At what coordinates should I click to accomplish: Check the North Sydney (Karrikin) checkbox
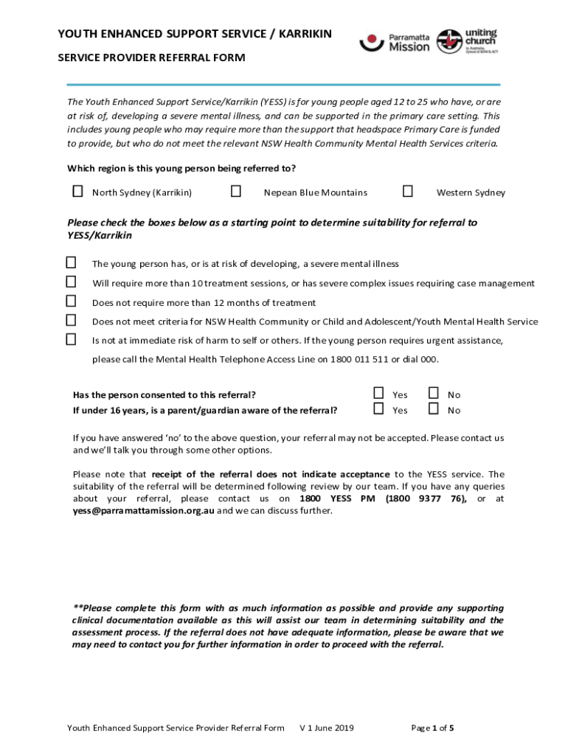pos(77,192)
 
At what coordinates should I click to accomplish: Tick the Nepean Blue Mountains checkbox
pos(236,192)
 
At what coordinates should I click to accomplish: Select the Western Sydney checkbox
pos(407,192)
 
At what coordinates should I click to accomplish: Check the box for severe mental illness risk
pos(71,262)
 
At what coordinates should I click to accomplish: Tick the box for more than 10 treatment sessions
pos(71,282)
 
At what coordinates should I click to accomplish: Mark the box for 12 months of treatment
pos(71,301)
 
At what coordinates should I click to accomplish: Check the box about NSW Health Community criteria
pos(71,320)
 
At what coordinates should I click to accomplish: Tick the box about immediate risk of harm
pos(71,339)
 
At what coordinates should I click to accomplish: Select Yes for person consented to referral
pos(378,393)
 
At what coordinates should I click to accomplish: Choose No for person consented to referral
pos(434,393)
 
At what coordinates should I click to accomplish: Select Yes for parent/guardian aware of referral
pos(378,408)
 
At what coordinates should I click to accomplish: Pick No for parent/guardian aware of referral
pos(434,408)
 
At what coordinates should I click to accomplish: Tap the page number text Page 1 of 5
pos(432,728)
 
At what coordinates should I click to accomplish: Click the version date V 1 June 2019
pos(326,728)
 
